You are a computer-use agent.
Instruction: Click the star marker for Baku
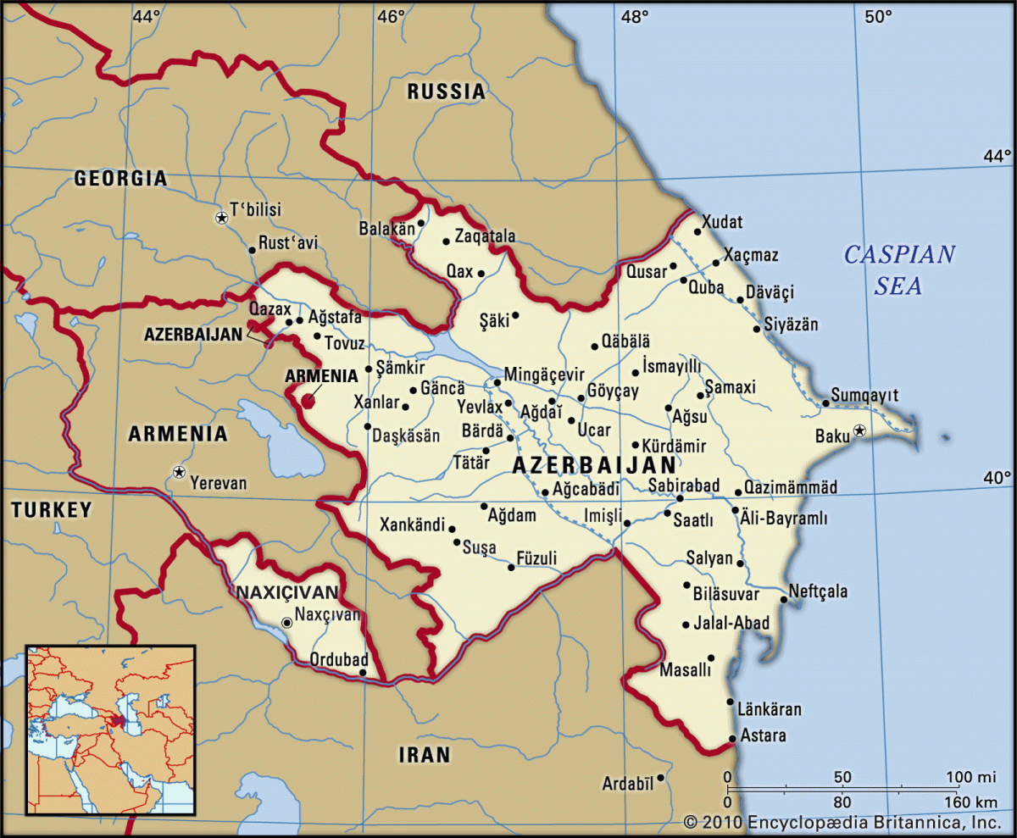[859, 430]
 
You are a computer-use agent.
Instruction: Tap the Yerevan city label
[219, 484]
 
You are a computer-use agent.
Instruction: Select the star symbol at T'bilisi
[221, 218]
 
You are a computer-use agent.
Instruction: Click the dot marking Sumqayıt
[825, 402]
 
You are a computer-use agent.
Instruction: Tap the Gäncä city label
[442, 389]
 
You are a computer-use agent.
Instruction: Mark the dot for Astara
[731, 739]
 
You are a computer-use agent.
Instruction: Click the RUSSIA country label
[447, 92]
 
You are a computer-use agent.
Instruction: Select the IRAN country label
[425, 754]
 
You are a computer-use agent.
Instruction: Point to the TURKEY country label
[51, 509]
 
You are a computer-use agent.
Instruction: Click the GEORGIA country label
[120, 178]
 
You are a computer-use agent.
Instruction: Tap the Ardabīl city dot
[660, 777]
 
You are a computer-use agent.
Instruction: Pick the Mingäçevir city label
[544, 374]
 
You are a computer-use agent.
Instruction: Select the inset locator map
[111, 730]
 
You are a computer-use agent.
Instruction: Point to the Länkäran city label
[769, 709]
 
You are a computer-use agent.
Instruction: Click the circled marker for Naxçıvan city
[286, 623]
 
